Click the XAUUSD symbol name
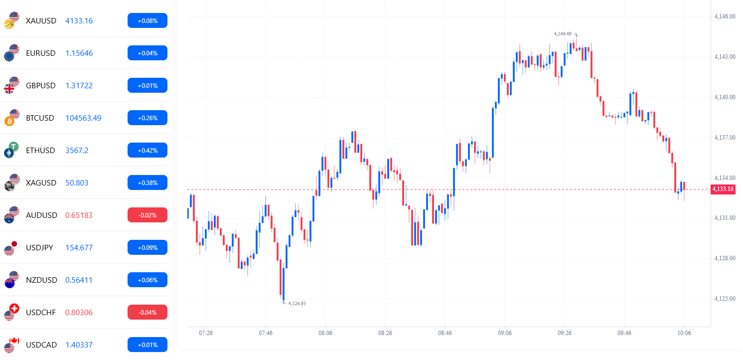click(41, 21)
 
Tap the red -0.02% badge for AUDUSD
click(147, 215)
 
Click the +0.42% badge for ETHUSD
click(147, 150)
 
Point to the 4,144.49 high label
click(563, 34)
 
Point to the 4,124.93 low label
click(297, 303)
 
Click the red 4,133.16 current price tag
click(723, 189)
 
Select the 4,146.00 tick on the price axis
click(725, 16)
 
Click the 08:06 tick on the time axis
click(325, 333)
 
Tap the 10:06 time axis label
click(684, 333)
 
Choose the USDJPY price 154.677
click(79, 248)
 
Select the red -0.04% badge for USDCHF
click(147, 312)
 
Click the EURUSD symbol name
click(41, 53)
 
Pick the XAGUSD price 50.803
click(77, 183)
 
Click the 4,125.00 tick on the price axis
click(725, 299)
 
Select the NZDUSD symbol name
click(41, 280)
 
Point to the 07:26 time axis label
click(206, 333)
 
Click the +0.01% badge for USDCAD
click(147, 345)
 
